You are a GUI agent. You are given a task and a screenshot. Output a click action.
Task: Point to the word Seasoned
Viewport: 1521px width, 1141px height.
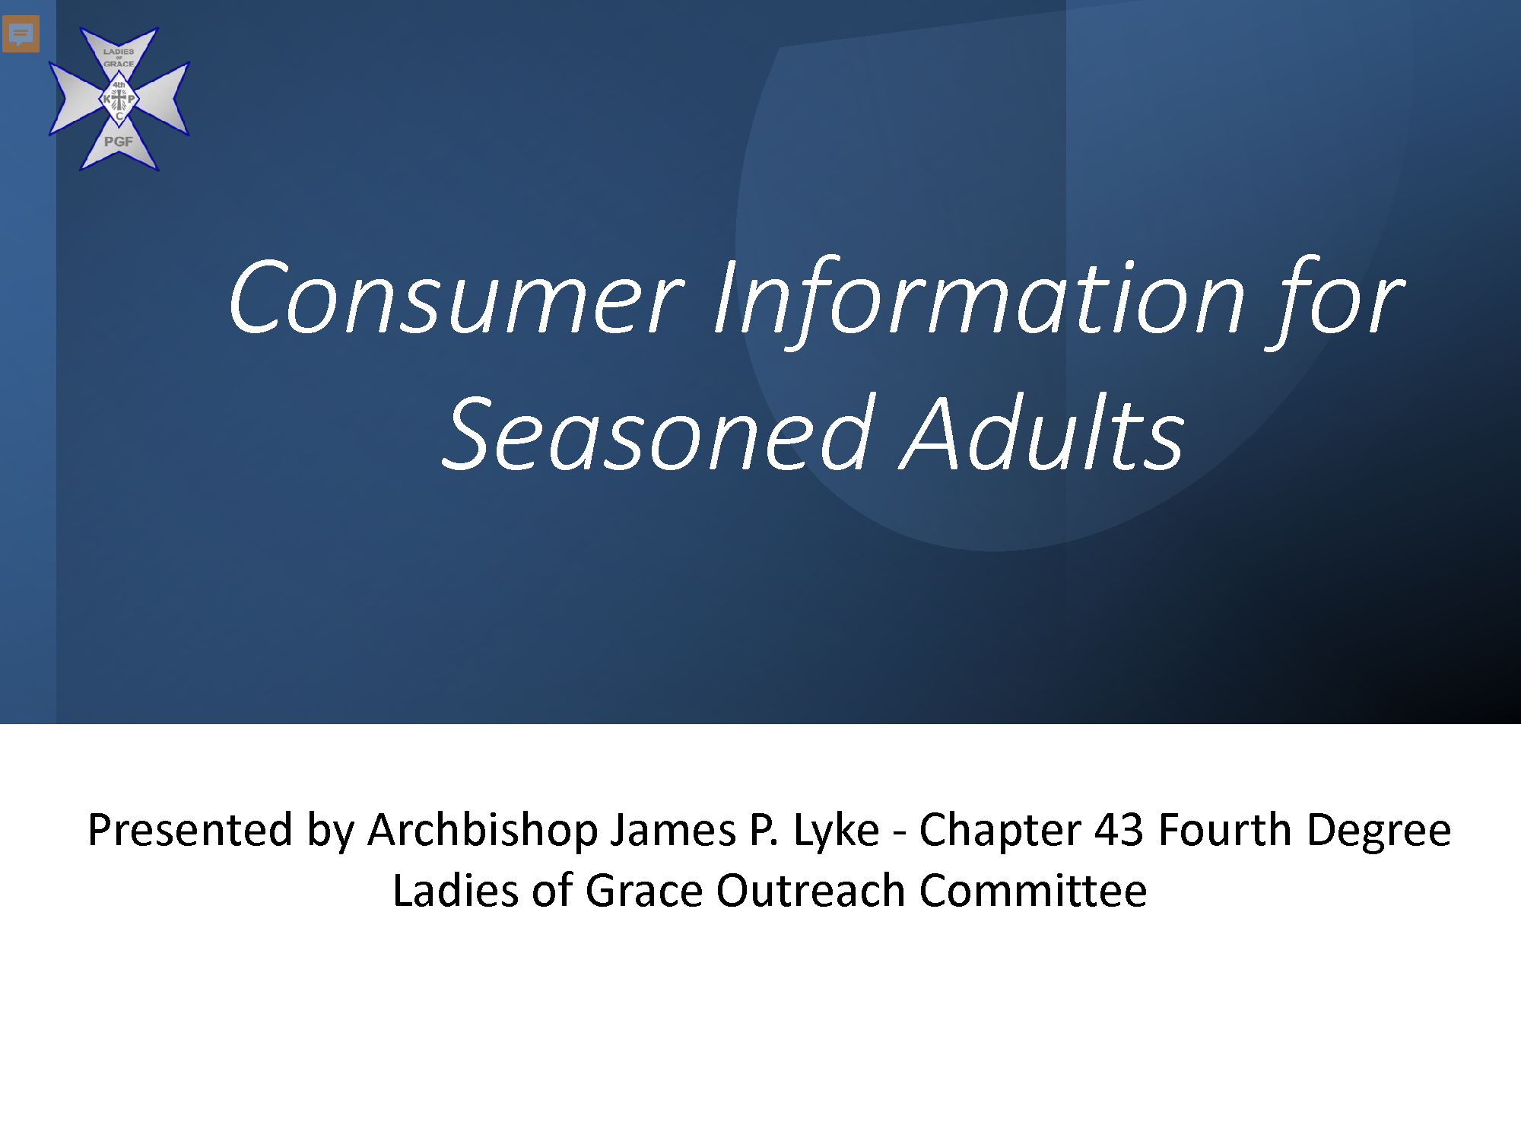point(657,434)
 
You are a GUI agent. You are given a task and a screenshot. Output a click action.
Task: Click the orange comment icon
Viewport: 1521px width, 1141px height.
point(21,34)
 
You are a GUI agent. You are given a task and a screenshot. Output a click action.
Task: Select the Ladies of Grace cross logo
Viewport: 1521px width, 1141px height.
point(119,99)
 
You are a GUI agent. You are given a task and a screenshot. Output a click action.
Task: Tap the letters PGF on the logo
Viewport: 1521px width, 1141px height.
point(119,141)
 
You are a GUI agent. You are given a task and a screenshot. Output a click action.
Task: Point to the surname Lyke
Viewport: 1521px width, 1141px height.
point(837,831)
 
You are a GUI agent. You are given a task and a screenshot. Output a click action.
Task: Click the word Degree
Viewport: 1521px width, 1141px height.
point(1378,831)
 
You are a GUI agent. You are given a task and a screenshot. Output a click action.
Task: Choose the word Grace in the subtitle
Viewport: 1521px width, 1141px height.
point(644,891)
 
